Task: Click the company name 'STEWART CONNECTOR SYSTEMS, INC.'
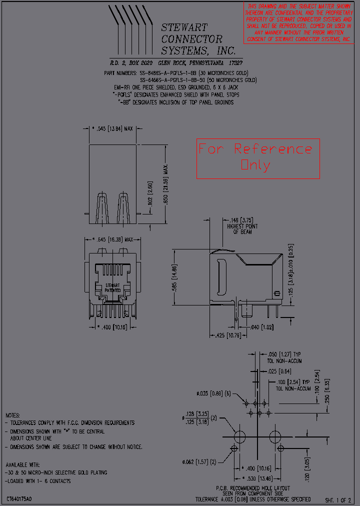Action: coord(198,39)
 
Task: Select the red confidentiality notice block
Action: coord(297,22)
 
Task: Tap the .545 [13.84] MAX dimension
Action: coord(113,129)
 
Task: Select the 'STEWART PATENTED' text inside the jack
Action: coord(112,287)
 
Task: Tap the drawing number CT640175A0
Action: coord(19,499)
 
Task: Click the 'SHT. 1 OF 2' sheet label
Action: coord(338,500)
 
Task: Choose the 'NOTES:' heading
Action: coord(13,415)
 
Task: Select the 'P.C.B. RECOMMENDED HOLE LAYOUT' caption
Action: coord(252,488)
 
